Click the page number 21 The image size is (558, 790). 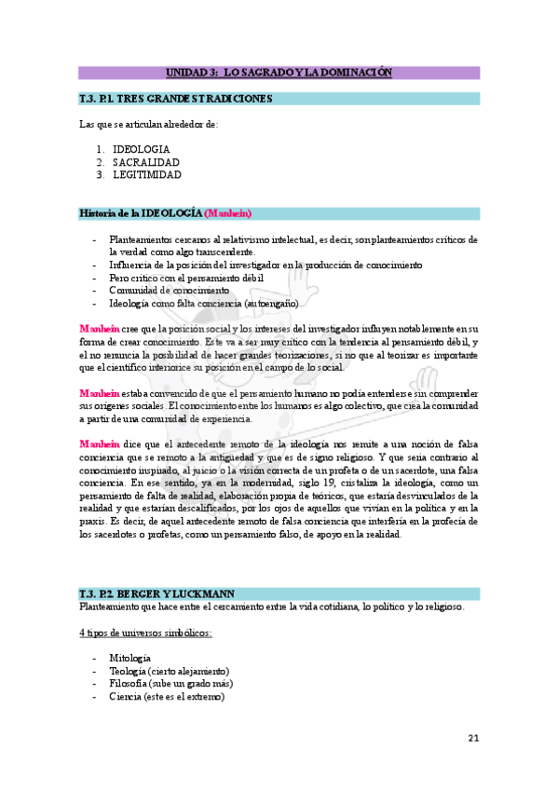click(473, 739)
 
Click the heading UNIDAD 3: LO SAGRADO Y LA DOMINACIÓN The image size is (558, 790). click(279, 72)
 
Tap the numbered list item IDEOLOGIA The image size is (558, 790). click(141, 149)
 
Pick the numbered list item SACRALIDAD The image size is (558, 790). click(146, 162)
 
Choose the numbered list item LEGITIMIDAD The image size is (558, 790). click(146, 174)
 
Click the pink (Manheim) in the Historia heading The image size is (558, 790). click(227, 213)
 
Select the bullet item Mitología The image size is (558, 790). click(129, 658)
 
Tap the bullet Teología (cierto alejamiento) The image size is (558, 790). click(169, 671)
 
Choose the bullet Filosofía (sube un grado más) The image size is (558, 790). click(170, 683)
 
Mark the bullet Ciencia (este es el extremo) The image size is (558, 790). click(166, 696)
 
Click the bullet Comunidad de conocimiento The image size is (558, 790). click(169, 291)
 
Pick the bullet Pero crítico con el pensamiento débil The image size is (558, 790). click(185, 278)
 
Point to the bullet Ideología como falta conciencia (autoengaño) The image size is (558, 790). click(203, 304)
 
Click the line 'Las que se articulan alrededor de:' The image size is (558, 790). click(148, 124)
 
